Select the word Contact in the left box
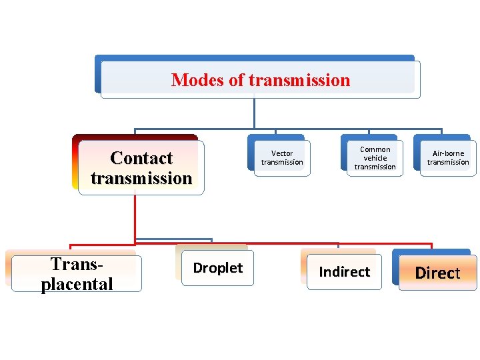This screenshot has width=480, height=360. (x=141, y=158)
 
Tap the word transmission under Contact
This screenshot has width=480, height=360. (x=141, y=178)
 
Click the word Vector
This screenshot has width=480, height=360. (x=282, y=153)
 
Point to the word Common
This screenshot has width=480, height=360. (x=375, y=149)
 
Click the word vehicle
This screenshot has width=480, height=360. (x=375, y=158)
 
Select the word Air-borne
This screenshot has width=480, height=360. (x=448, y=153)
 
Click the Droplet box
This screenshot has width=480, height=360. (x=218, y=268)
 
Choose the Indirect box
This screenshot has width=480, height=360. (x=344, y=272)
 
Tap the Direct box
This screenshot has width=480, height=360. (x=438, y=273)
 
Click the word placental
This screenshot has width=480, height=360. (x=77, y=284)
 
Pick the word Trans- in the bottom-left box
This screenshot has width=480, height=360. (x=77, y=265)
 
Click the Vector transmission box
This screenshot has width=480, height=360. (x=282, y=158)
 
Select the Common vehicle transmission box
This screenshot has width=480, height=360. (x=375, y=158)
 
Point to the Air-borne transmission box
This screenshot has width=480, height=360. (x=448, y=158)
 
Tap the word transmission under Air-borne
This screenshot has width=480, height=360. (x=448, y=162)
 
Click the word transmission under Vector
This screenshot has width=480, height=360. (x=282, y=162)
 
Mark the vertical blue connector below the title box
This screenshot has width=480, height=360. (x=254, y=112)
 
